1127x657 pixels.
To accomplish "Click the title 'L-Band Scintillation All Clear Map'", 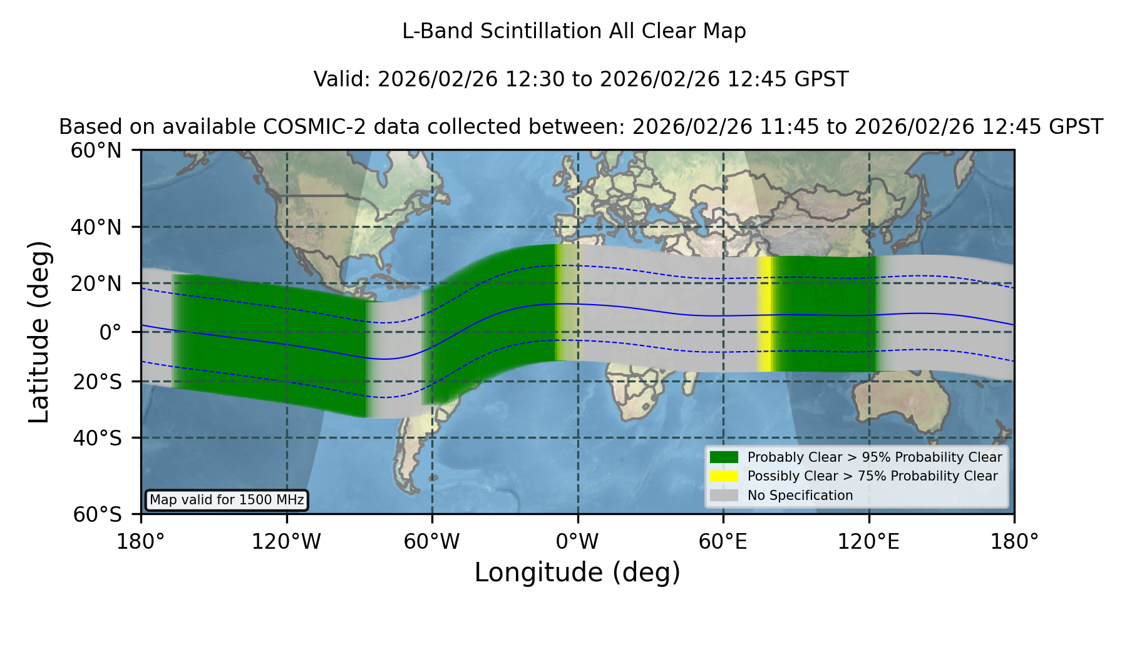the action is coord(574,31).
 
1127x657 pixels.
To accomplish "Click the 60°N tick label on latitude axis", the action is coord(96,150).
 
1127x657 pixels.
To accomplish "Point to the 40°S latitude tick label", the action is coord(97,437).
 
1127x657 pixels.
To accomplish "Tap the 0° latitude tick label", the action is coord(110,332).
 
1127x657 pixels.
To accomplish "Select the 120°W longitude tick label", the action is coord(286,541).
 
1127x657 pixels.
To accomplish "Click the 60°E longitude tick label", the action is coord(723,541).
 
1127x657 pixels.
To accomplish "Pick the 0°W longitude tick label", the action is coord(578,541).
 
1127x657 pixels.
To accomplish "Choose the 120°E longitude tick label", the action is coord(868,541).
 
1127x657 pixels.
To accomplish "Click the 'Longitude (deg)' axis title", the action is coord(577,573).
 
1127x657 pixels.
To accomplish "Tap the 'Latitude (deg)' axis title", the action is coord(39,332).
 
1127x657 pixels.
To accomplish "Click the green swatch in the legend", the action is coord(724,457).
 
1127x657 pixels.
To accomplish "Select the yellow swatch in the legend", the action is coord(724,476).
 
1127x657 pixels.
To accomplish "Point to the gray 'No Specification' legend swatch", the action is coord(724,496).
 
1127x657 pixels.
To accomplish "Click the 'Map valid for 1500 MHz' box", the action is coord(227,500).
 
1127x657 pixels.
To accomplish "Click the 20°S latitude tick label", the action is coord(97,381).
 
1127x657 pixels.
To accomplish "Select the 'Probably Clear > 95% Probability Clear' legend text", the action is coord(875,457).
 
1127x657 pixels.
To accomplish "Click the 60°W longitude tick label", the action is coord(432,541).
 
